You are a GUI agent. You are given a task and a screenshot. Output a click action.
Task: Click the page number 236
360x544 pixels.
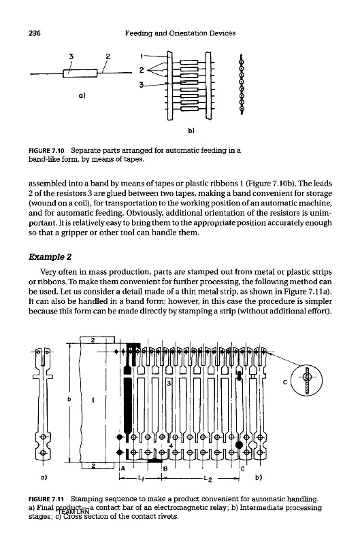[35, 33]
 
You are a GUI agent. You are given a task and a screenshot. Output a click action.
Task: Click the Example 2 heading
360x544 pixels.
[50, 257]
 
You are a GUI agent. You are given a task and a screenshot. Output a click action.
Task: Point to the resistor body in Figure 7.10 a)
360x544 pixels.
[80, 73]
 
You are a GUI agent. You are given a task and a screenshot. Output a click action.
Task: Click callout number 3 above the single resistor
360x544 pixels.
[71, 56]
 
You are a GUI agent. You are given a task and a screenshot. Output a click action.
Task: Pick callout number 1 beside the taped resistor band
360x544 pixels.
[142, 56]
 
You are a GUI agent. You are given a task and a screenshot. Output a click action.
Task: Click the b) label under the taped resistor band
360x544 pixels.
[191, 131]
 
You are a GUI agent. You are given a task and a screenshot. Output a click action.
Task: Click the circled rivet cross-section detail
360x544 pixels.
[306, 380]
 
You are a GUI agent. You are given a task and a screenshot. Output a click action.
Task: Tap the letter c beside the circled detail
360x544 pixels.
[284, 382]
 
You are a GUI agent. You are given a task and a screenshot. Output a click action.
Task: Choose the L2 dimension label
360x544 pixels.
[208, 479]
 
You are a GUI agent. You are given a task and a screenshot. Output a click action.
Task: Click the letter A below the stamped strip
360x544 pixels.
[123, 469]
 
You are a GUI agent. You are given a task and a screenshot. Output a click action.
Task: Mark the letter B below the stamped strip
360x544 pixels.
[165, 469]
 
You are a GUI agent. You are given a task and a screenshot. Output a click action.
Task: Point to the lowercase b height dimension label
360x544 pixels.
[69, 399]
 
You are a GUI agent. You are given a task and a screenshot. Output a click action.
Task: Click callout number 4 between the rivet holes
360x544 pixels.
[171, 446]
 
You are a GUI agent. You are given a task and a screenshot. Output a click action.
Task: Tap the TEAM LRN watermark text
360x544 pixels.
[73, 512]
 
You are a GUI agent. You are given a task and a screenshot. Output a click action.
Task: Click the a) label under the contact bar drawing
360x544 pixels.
[44, 478]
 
